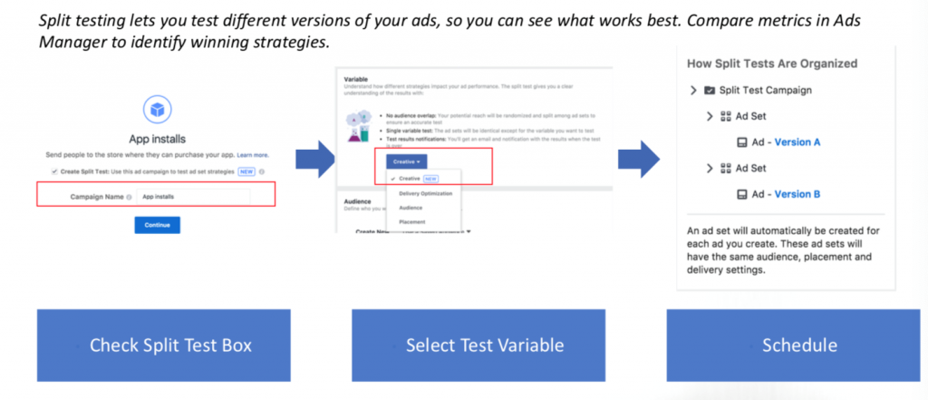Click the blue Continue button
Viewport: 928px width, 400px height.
tap(157, 225)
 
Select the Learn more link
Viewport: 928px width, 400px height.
tap(253, 155)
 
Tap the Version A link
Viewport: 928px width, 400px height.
tap(797, 142)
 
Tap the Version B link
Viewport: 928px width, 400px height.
tap(797, 194)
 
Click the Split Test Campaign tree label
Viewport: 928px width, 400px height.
tap(764, 91)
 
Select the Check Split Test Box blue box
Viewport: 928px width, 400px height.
tap(163, 345)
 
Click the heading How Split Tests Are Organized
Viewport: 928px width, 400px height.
tap(772, 63)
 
